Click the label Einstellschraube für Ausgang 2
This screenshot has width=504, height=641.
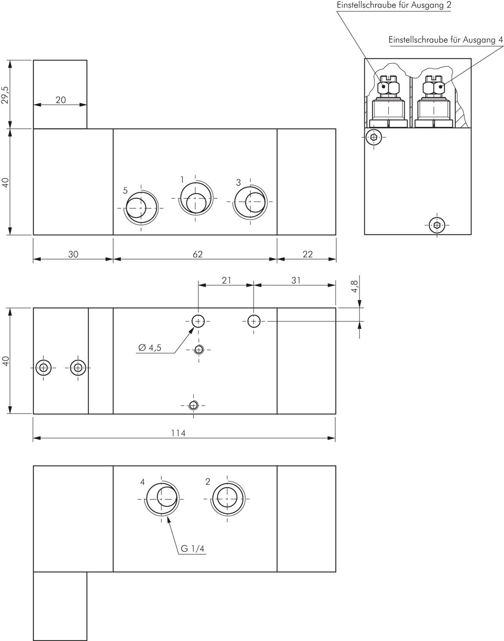pyautogui.click(x=394, y=5)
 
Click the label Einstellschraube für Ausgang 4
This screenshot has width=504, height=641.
pyautogui.click(x=445, y=40)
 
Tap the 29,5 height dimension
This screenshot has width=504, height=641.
pyautogui.click(x=5, y=95)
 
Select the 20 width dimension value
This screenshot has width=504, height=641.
pyautogui.click(x=60, y=100)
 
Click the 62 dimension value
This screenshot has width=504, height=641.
pyautogui.click(x=198, y=254)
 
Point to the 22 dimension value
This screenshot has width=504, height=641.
pyautogui.click(x=307, y=254)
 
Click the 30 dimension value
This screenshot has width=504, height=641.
pyautogui.click(x=73, y=254)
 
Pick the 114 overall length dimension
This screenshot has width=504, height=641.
pyautogui.click(x=178, y=433)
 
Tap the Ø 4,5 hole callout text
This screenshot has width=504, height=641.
pyautogui.click(x=150, y=347)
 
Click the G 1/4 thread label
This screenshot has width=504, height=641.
pyautogui.click(x=192, y=548)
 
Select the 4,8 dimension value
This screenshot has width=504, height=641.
pyautogui.click(x=355, y=286)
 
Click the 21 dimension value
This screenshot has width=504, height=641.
pyautogui.click(x=226, y=280)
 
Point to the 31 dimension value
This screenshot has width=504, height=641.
pyautogui.click(x=296, y=280)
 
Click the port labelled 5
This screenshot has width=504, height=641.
pyautogui.click(x=141, y=207)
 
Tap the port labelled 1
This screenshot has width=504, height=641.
pyautogui.click(x=195, y=198)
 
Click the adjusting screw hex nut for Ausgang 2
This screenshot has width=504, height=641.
pyautogui.click(x=388, y=87)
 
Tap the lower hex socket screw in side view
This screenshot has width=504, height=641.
pyautogui.click(x=437, y=225)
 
